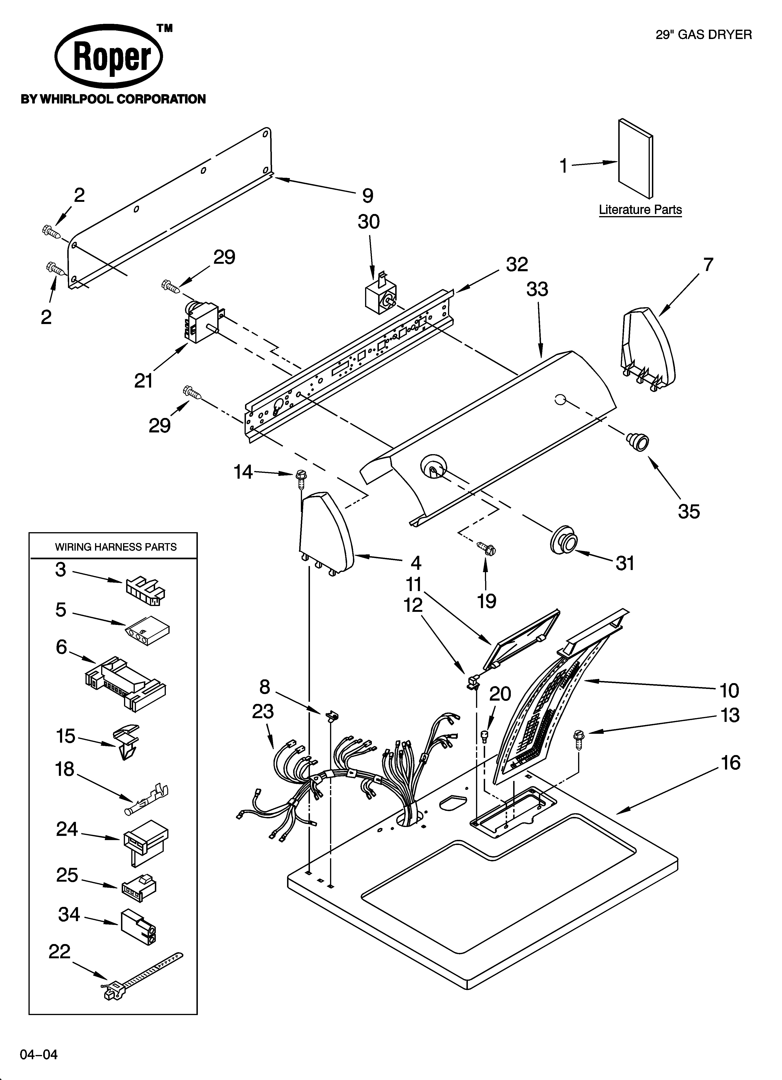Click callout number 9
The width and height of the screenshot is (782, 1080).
(367, 196)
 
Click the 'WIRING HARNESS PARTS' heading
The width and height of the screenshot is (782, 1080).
(116, 547)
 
